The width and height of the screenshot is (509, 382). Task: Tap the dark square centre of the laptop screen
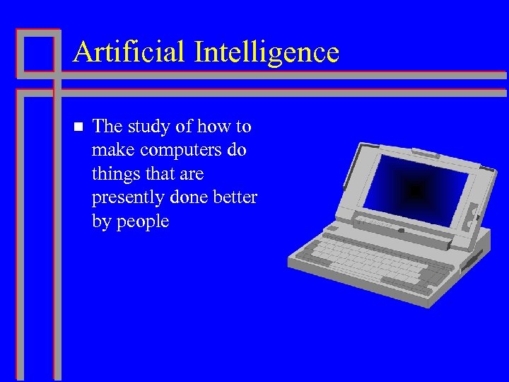(x=416, y=190)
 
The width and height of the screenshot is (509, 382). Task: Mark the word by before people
(x=102, y=222)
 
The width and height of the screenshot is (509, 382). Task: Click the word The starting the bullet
(x=108, y=127)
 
